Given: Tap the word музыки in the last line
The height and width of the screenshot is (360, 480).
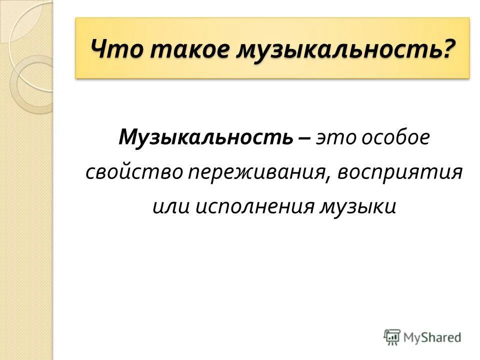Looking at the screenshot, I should coord(358,206).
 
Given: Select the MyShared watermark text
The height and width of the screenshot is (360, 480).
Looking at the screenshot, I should coord(433,337).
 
